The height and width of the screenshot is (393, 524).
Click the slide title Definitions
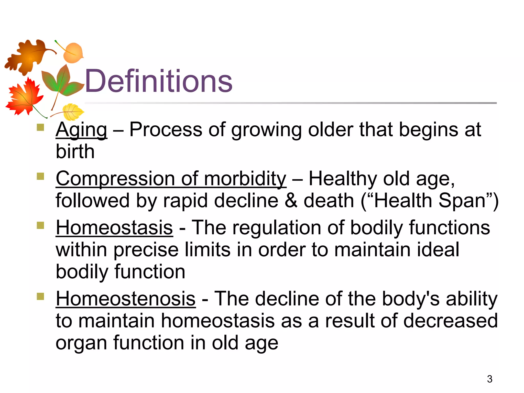pyautogui.click(x=158, y=81)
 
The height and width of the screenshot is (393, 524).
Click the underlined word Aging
pyautogui.click(x=81, y=130)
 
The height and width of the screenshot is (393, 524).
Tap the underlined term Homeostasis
pyautogui.click(x=114, y=228)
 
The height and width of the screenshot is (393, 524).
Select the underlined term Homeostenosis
pyautogui.click(x=126, y=299)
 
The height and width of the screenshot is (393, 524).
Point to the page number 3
pyautogui.click(x=489, y=379)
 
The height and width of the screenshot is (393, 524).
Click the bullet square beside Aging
pyautogui.click(x=40, y=127)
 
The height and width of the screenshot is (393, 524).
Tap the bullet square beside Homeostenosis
pyautogui.click(x=40, y=296)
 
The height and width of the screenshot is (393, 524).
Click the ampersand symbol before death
pyautogui.click(x=291, y=201)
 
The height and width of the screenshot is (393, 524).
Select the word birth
pyautogui.click(x=75, y=151)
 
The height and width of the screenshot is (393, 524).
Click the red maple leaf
pyautogui.click(x=24, y=97)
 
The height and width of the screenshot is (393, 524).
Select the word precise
pyautogui.click(x=146, y=250)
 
